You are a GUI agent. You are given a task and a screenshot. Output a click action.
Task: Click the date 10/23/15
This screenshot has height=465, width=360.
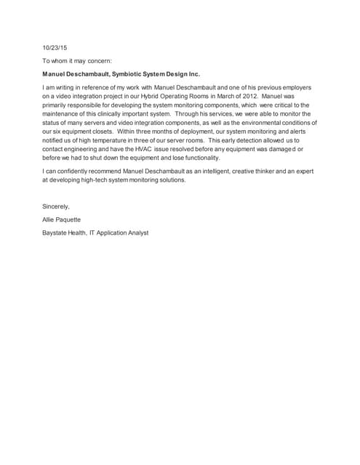coord(54,48)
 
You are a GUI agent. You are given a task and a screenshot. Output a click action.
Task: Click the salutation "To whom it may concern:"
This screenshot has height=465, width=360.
coord(76,61)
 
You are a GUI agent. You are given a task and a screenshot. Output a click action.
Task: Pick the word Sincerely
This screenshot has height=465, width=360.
coord(56,206)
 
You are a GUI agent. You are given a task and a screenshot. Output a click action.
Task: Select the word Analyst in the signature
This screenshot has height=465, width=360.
coord(135,232)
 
